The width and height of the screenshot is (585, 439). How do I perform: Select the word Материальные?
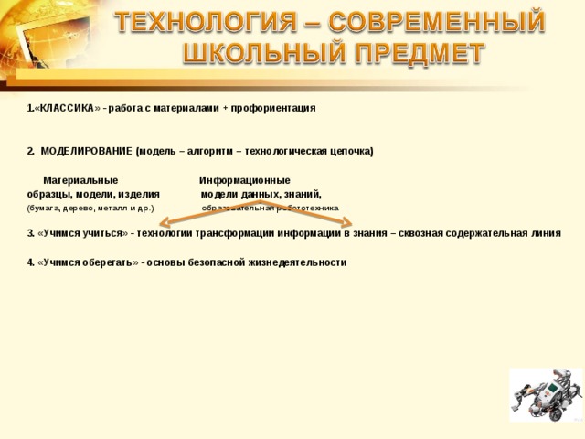point(80,180)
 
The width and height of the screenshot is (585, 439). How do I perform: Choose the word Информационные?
point(245,180)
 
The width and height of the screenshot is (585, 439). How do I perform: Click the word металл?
point(121,209)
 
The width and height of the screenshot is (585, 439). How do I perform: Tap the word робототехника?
point(305,209)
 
